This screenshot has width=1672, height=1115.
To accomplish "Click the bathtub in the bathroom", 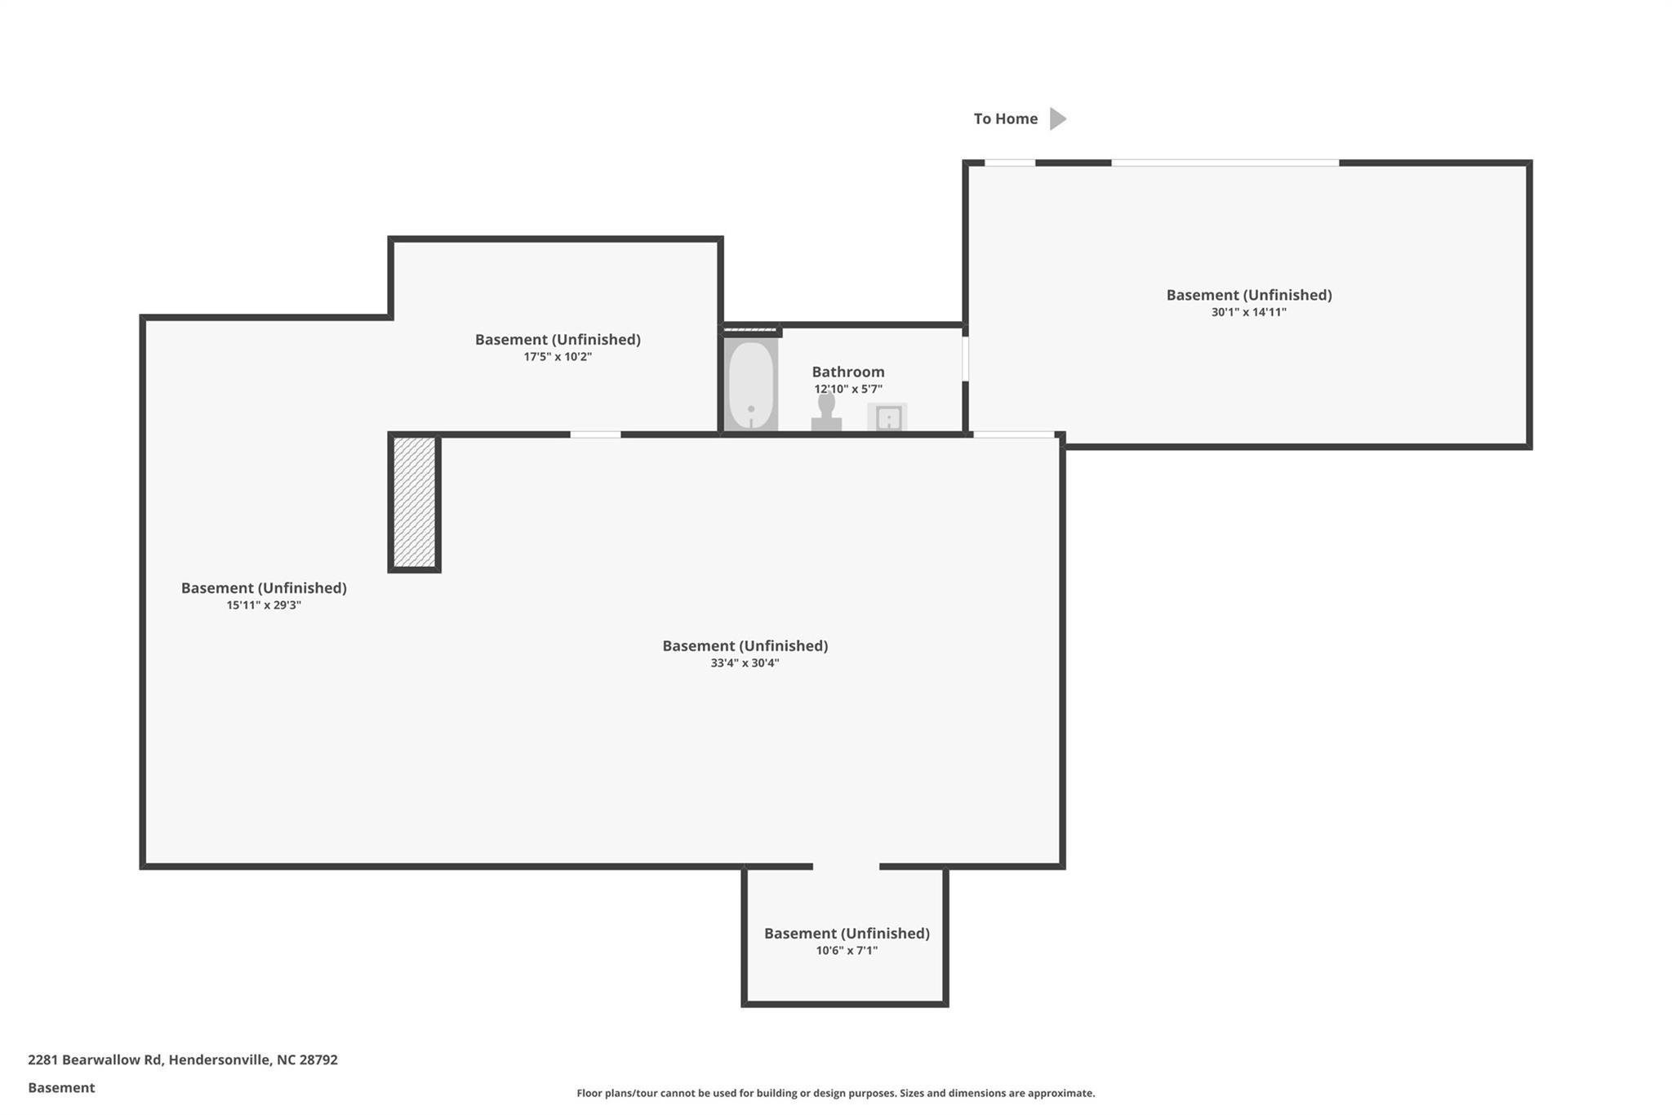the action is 751,384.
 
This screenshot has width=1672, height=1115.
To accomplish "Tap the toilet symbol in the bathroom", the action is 826,411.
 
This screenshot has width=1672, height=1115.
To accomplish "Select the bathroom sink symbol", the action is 887,417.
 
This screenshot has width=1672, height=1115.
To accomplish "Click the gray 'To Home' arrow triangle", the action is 1058,118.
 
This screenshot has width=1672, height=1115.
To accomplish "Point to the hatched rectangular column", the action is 415,502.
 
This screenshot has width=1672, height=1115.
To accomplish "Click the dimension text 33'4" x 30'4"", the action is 745,663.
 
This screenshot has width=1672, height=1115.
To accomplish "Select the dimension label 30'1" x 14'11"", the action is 1249,312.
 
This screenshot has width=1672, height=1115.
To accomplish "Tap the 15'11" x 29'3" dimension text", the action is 264,605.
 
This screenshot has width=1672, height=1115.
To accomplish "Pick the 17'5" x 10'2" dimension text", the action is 558,357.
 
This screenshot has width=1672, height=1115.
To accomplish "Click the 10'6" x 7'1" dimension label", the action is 847,951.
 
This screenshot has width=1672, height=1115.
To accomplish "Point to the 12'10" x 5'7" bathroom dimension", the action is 848,390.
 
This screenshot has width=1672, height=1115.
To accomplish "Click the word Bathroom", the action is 848,372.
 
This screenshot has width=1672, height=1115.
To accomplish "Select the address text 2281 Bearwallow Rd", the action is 95,1059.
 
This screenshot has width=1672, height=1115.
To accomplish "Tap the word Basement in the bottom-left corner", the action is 61,1087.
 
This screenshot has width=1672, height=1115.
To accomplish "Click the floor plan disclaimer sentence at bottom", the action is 836,1093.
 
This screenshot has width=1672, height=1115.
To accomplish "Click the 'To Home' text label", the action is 1006,119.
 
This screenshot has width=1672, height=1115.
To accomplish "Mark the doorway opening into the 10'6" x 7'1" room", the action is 847,866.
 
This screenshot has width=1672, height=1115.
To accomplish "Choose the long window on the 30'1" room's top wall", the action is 1225,163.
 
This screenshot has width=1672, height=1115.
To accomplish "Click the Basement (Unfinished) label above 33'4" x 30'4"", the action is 745,646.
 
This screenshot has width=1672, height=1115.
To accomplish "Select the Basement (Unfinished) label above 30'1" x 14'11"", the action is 1249,295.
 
